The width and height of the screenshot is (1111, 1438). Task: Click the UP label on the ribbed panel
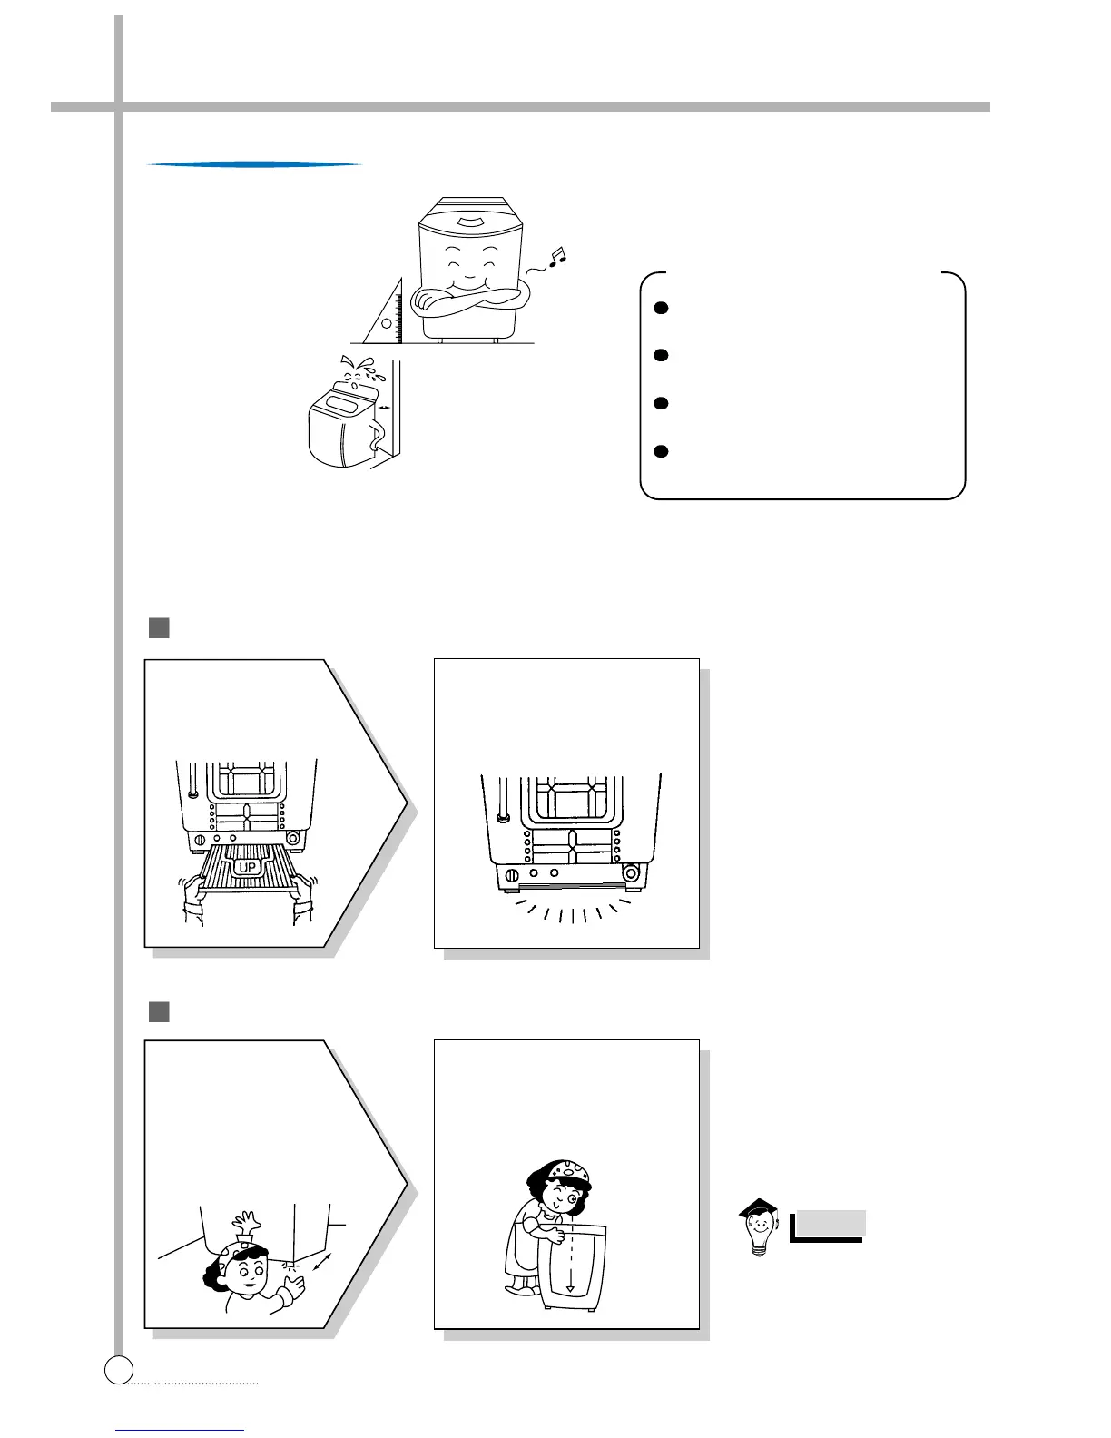(247, 868)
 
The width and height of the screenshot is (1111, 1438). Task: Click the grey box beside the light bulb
(828, 1224)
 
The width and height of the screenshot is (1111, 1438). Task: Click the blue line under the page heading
(254, 164)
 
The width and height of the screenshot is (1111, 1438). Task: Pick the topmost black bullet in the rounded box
(662, 308)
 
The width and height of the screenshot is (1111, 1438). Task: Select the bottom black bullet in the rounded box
(662, 451)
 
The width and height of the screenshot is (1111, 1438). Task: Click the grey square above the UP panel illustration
(159, 628)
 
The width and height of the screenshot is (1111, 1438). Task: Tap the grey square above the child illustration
(159, 1011)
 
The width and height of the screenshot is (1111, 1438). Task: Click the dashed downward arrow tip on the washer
(569, 1288)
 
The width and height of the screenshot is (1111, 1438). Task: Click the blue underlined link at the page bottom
(180, 1431)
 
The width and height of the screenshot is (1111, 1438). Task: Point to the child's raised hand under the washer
(248, 1219)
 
